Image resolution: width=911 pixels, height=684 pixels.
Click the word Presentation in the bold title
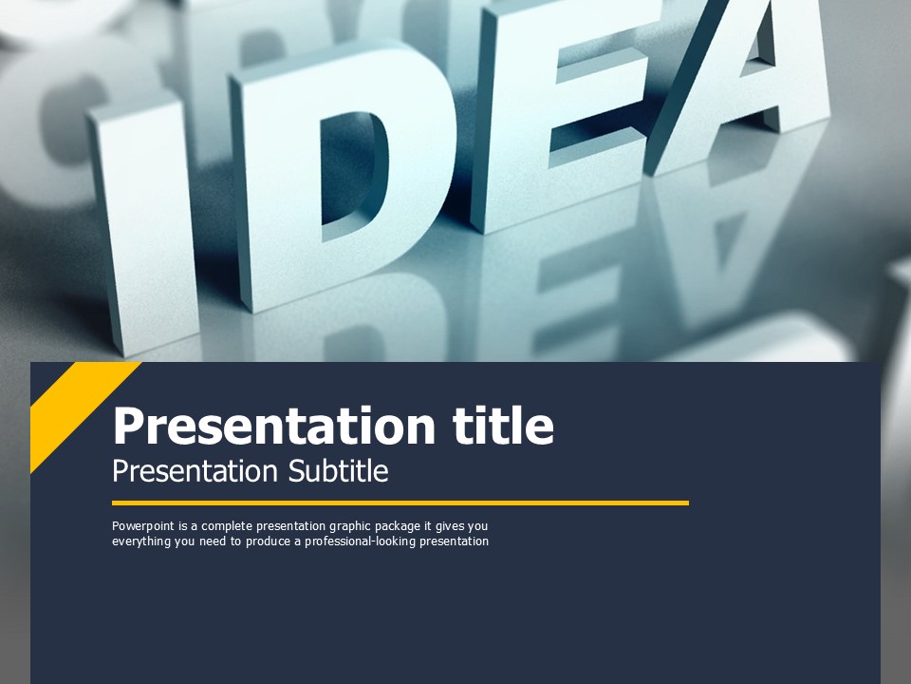point(274,426)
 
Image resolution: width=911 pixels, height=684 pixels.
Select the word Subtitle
point(338,470)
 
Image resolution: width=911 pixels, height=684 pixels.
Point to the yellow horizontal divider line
point(400,503)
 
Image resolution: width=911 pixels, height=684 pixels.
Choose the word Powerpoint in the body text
point(143,526)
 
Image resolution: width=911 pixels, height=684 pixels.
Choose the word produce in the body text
point(268,541)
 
